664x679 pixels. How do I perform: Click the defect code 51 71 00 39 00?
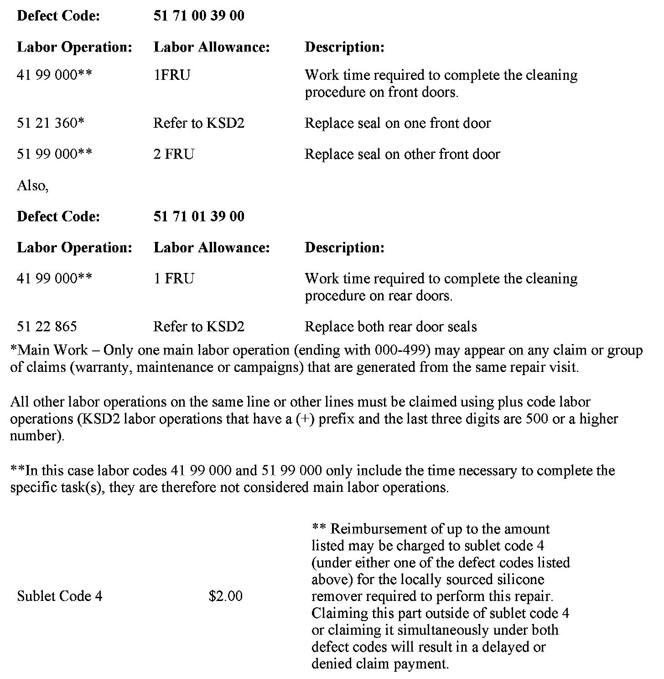pos(198,16)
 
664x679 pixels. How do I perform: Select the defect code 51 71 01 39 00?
pos(198,216)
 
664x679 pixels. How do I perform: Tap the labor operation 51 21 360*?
pos(51,123)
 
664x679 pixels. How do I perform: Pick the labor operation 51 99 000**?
pos(54,154)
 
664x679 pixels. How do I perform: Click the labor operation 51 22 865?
pos(47,327)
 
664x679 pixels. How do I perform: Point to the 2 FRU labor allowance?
pos(173,154)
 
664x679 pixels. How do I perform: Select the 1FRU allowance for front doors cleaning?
pos(171,75)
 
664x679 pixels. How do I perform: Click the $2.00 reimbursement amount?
pos(225,596)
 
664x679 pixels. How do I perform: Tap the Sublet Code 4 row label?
pos(59,596)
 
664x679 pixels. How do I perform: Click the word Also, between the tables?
pos(32,186)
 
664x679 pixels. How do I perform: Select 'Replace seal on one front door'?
pos(397,123)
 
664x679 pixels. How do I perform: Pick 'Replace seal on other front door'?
pos(402,154)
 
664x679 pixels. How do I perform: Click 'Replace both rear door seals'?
pos(390,327)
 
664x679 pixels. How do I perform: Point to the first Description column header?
pos(344,47)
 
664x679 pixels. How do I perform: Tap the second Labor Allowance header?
pos(212,247)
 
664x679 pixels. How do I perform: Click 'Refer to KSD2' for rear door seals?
pos(198,327)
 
